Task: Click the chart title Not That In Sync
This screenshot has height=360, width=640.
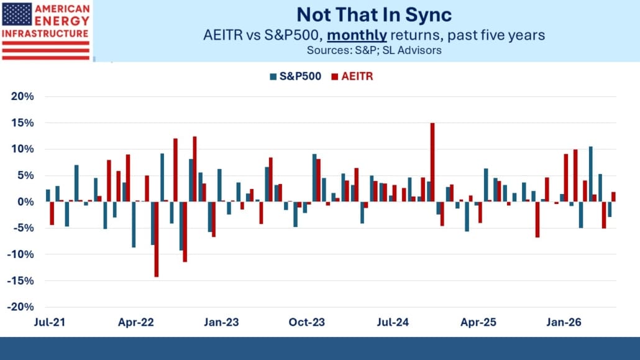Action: [374, 15]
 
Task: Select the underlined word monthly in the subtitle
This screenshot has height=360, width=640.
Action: [357, 35]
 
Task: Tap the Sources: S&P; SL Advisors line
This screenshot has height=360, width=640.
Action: [374, 50]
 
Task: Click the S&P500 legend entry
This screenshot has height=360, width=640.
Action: [296, 76]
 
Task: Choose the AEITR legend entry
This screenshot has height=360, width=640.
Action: [352, 76]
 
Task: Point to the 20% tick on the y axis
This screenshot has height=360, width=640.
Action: [22, 96]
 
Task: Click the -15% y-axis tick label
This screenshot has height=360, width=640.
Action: [21, 281]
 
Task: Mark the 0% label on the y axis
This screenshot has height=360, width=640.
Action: [25, 202]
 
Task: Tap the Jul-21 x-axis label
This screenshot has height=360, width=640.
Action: [49, 323]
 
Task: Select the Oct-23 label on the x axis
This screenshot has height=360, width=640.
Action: [306, 323]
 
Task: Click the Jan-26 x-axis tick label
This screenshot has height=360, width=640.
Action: [564, 323]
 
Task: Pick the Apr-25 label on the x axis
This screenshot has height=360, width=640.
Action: [478, 323]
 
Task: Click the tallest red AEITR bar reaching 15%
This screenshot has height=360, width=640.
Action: [432, 162]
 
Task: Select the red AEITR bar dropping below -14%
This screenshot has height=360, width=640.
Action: [157, 239]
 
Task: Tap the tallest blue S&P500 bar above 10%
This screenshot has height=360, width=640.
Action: [591, 174]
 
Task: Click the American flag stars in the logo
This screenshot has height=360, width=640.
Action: [17, 14]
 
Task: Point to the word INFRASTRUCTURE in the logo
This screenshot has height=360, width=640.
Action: [45, 34]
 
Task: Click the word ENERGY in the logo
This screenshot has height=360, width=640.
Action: [62, 21]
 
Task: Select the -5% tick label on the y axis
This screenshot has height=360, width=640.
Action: [23, 228]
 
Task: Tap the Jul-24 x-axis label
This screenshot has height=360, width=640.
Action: [393, 323]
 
